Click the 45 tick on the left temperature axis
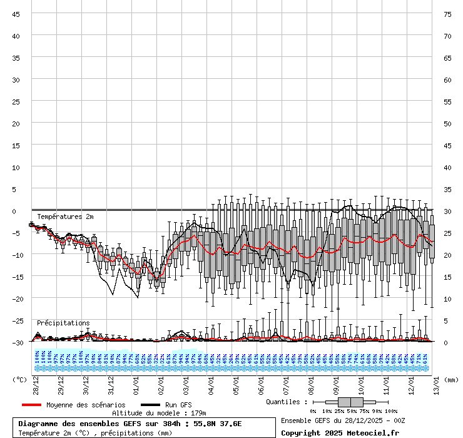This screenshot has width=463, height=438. (x=16, y=14)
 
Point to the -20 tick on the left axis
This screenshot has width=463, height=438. (x=16, y=298)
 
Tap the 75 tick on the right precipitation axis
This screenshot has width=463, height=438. (x=447, y=14)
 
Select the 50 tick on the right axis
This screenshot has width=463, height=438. (x=447, y=123)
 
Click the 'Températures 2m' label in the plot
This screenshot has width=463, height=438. (x=65, y=216)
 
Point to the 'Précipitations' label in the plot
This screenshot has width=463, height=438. (x=63, y=323)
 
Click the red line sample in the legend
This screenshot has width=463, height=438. (x=31, y=405)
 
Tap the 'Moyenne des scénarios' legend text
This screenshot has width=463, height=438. (x=86, y=405)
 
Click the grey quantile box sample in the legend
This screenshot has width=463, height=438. (x=350, y=402)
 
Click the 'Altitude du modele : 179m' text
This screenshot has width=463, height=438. (x=159, y=413)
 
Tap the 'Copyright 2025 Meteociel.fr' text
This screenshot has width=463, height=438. (x=340, y=432)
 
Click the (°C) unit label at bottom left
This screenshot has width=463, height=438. (x=20, y=379)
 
